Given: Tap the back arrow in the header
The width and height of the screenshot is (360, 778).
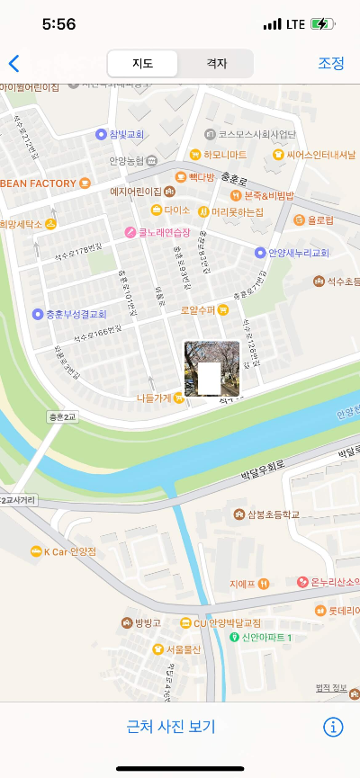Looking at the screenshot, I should click(x=13, y=63).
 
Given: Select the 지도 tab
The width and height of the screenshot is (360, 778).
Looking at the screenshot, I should click(x=142, y=63).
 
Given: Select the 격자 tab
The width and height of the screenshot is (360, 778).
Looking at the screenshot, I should click(x=216, y=63).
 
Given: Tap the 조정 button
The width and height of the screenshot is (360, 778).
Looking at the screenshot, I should click(x=331, y=63).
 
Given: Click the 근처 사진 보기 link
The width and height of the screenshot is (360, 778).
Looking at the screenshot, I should click(x=171, y=727).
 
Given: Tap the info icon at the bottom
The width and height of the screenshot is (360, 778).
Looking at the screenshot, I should click(x=333, y=727).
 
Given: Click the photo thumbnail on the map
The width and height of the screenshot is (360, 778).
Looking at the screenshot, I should click(x=211, y=369).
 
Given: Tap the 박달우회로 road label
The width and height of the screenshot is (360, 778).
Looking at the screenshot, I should click(x=263, y=466).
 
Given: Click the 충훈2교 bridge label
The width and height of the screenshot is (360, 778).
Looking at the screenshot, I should click(x=64, y=417).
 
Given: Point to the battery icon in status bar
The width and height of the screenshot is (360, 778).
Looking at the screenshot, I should click(x=320, y=23).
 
